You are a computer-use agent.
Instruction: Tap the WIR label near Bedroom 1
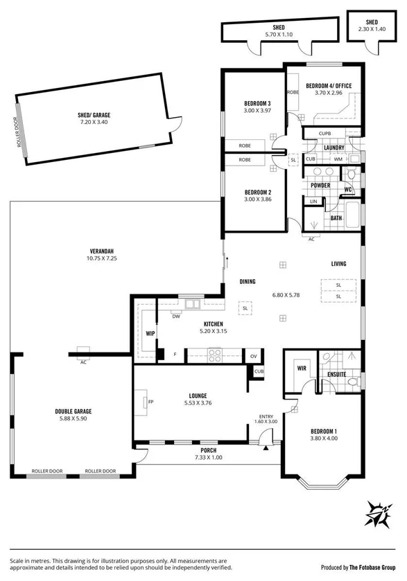point(301,368)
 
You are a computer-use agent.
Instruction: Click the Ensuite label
point(337,375)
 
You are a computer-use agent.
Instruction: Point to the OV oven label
point(253,356)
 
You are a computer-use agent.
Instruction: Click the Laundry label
point(334,147)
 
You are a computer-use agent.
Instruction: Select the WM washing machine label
point(338,159)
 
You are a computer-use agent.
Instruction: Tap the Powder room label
point(320,186)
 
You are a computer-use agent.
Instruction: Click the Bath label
point(336,218)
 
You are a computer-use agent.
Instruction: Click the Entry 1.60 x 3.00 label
point(267,418)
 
